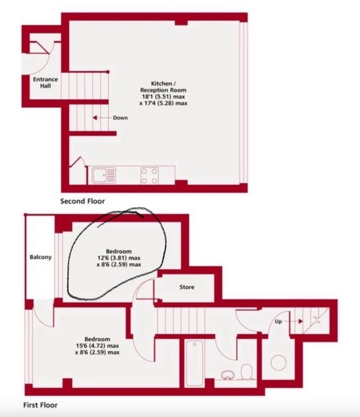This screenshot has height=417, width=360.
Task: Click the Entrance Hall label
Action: click(45, 82)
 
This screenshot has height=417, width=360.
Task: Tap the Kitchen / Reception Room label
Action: click(163, 87)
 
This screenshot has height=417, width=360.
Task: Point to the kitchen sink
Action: click(104, 175)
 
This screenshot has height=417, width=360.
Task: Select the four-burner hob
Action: click(149, 176)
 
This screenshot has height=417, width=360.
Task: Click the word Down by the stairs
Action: click(120, 118)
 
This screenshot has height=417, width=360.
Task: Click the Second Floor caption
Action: click(82, 201)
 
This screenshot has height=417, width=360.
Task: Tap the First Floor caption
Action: click(41, 405)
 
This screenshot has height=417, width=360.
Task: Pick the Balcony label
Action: click(41, 257)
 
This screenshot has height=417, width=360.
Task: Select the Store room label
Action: click(187, 287)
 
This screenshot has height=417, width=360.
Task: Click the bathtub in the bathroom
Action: click(195, 363)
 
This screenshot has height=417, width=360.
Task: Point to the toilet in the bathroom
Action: click(247, 371)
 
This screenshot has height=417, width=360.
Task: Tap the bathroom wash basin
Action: click(227, 375)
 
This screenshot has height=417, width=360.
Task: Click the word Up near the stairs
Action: click(278, 322)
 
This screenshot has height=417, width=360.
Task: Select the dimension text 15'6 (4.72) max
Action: click(98, 346)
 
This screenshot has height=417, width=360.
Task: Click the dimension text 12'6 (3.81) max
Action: click(119, 257)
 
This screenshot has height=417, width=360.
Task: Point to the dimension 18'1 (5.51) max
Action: click(163, 96)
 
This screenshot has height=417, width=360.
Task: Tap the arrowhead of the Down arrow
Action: click(94, 118)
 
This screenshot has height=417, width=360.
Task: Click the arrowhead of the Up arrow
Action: click(301, 321)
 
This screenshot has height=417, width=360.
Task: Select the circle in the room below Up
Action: click(279, 362)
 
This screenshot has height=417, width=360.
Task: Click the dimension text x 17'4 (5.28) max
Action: click(163, 103)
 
